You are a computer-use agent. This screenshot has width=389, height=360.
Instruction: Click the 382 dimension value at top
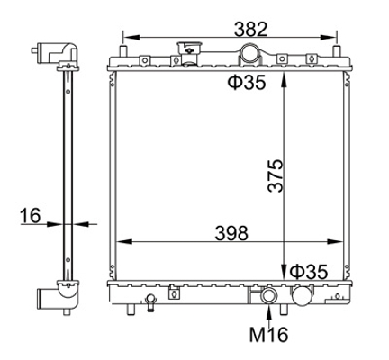tap(250, 29)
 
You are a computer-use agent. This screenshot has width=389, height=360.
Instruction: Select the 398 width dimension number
tap(231, 233)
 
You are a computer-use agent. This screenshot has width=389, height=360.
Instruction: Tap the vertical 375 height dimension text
tap(276, 175)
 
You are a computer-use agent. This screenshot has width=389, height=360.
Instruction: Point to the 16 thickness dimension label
tap(30, 216)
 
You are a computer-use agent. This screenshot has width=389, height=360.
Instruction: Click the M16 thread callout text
tap(268, 334)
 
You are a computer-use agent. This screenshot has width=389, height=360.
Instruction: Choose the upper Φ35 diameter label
tap(247, 82)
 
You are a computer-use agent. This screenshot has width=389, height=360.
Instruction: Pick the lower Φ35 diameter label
tap(309, 272)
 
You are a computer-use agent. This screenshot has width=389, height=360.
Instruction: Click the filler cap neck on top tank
tap(189, 53)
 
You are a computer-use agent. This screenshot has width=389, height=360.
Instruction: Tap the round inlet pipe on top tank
tap(250, 53)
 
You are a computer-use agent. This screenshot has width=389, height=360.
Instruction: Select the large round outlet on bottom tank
tap(302, 295)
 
